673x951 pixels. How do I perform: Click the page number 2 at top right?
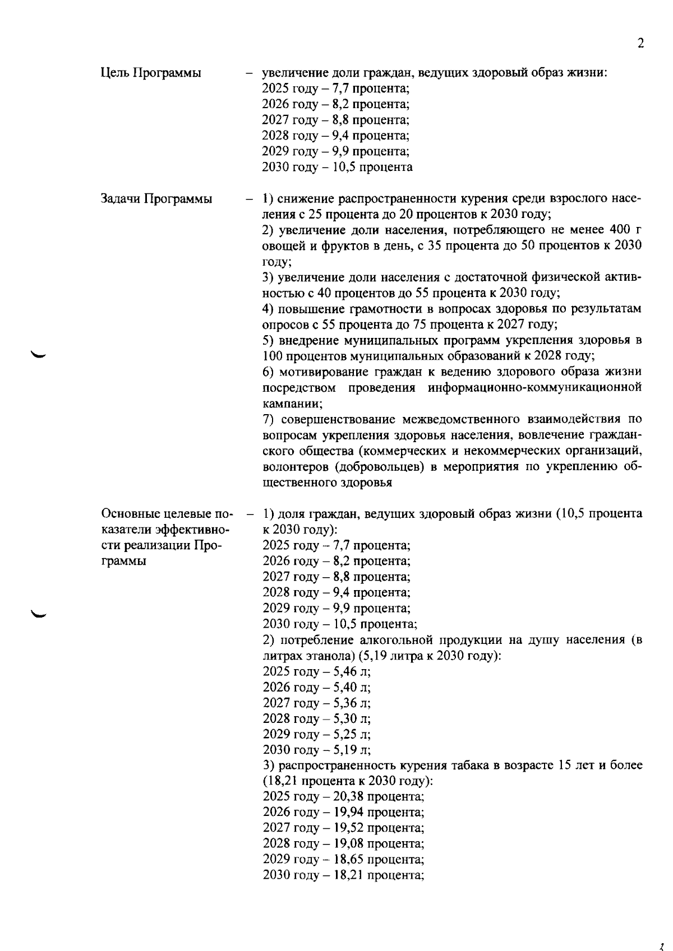(640, 44)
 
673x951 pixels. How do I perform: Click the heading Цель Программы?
(151, 73)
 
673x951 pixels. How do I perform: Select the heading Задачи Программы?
(156, 198)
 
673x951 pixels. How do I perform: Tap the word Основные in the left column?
(128, 514)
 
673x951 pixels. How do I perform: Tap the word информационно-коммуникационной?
(534, 388)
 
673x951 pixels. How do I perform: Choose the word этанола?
(331, 656)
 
